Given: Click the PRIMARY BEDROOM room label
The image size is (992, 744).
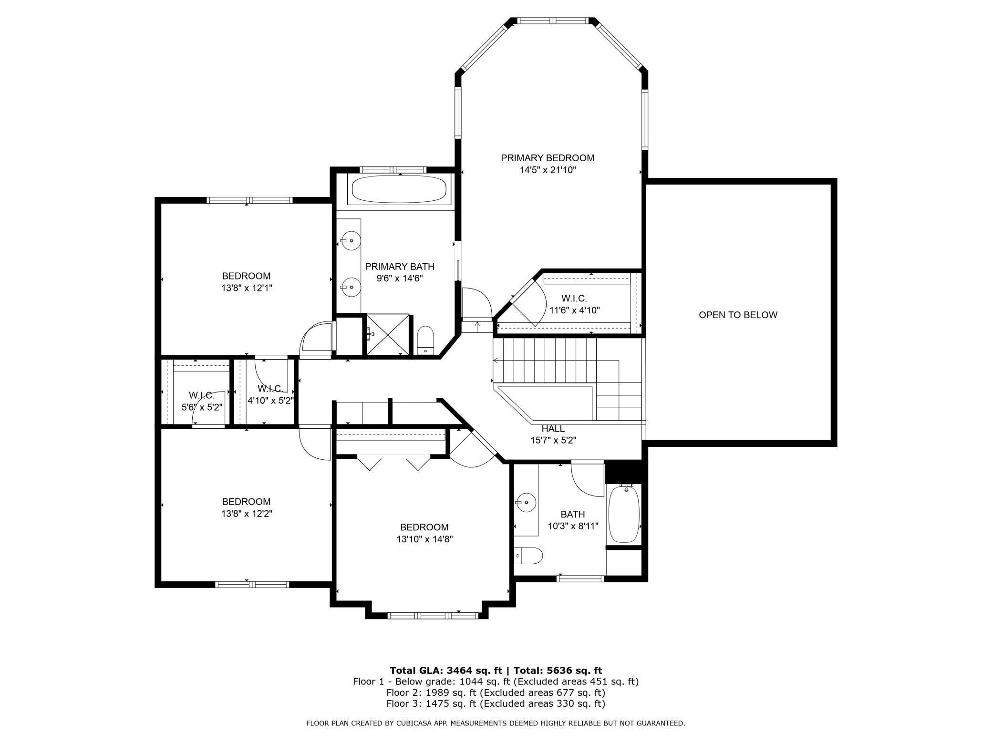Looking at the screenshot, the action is tap(548, 158).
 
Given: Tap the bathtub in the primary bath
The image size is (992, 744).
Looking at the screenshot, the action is tap(399, 190).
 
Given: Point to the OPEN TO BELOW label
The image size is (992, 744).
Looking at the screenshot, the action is tap(738, 315).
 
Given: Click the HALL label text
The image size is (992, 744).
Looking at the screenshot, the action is tap(553, 429).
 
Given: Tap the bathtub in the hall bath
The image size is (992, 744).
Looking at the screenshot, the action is tap(624, 513).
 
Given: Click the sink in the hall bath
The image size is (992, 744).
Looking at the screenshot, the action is tap(526, 502).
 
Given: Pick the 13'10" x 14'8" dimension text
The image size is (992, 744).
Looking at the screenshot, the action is tap(424, 539).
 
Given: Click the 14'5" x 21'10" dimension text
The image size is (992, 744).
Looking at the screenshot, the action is tap(548, 170).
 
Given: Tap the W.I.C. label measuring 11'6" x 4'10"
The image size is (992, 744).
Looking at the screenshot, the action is tap(574, 299).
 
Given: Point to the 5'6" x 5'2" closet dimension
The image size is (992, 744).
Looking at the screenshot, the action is tap(202, 407).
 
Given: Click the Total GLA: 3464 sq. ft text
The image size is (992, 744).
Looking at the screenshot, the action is tap(443, 670).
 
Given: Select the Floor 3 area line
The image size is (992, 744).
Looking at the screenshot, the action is tap(496, 703).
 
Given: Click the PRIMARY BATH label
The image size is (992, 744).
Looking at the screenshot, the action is tap(400, 266).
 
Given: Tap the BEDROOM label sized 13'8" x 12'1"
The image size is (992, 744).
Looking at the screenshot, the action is tap(246, 276).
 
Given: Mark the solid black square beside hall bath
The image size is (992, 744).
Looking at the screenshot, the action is tap(624, 472).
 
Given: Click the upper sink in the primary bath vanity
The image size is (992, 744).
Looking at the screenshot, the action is tap(351, 241).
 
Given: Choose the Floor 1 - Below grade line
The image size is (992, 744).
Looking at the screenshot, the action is tap(496, 682).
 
